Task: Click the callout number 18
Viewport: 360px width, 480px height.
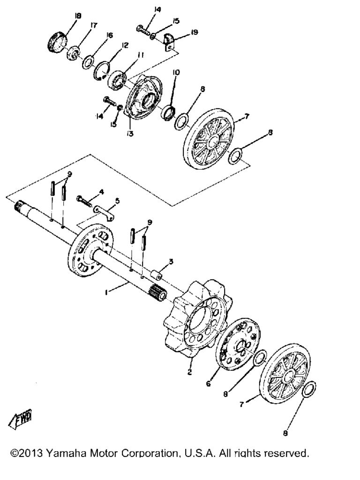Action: click(78, 16)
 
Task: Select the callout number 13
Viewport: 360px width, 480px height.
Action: click(130, 134)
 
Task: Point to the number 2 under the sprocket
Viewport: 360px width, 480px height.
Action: click(189, 372)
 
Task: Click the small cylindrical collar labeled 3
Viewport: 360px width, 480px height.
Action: click(156, 274)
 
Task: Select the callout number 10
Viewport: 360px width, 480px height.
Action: click(176, 73)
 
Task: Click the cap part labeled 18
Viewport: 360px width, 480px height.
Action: click(57, 42)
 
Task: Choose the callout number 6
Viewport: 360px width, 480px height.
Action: click(209, 383)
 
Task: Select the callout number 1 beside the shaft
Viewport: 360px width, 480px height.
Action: click(106, 292)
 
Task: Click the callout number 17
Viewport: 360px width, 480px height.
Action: click(93, 25)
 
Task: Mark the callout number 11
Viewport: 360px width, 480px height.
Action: click(141, 55)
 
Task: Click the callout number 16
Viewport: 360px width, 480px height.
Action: click(109, 36)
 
